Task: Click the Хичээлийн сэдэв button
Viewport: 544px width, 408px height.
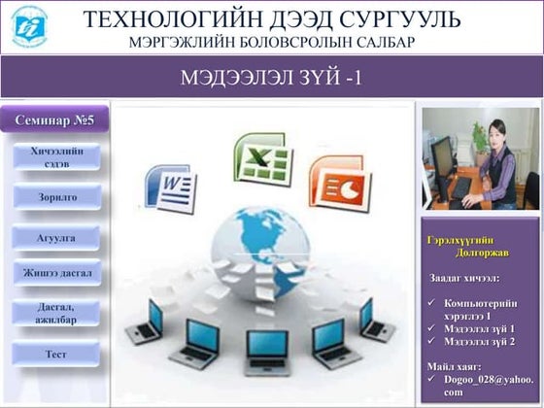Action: click(55, 157)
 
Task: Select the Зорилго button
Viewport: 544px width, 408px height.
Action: click(55, 197)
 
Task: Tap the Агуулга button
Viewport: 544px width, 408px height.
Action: click(55, 237)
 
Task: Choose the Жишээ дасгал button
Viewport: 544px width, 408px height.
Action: click(55, 273)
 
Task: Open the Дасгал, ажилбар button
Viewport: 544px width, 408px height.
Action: click(55, 313)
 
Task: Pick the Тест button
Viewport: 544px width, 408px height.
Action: click(55, 355)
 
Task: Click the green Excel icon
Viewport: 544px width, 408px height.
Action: click(261, 160)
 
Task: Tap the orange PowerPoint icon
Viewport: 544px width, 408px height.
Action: click(334, 181)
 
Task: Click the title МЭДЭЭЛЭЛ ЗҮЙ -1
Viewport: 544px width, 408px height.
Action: click(271, 78)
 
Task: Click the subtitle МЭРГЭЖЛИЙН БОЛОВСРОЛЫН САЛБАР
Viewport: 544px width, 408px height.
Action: click(272, 43)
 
